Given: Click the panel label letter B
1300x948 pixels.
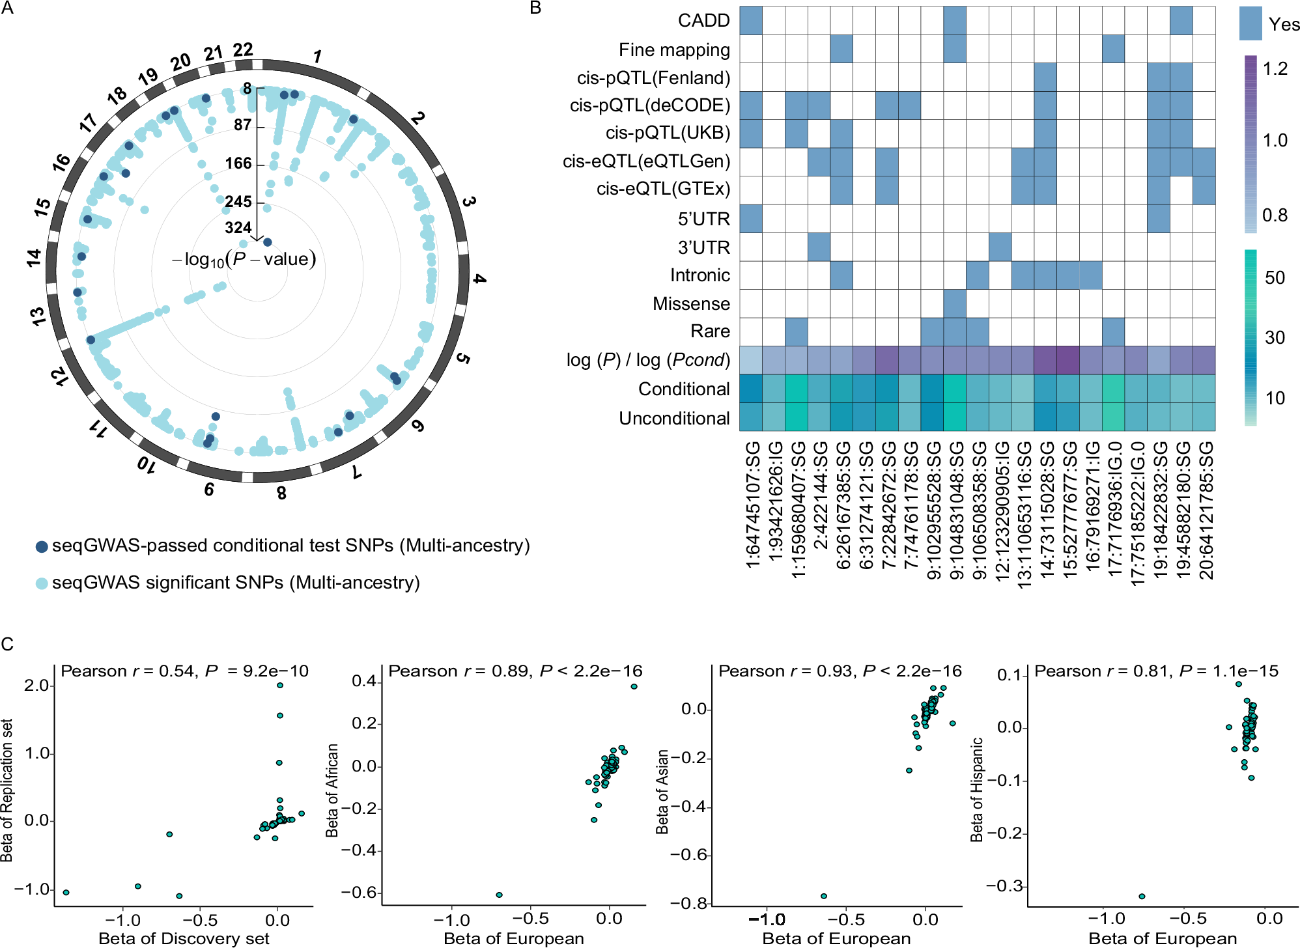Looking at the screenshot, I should [x=535, y=8].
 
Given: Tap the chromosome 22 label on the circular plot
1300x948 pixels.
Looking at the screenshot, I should [x=242, y=49].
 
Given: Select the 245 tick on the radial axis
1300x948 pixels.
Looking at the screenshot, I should [x=238, y=202].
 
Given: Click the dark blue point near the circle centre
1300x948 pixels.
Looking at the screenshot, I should [x=267, y=242].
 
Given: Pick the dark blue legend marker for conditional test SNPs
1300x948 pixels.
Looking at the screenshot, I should [x=42, y=547].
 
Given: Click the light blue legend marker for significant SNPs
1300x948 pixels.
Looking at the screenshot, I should [x=42, y=583].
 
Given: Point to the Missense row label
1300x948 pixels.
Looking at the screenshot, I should [x=691, y=304].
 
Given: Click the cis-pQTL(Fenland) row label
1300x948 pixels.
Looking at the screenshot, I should [x=653, y=78].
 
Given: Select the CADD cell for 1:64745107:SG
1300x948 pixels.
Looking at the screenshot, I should [x=750, y=21].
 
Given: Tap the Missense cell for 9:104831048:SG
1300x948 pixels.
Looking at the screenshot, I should [x=954, y=304].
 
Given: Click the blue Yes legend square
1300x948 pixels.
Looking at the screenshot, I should [x=1251, y=23].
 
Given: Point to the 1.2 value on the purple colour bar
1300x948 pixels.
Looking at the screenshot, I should [x=1275, y=69].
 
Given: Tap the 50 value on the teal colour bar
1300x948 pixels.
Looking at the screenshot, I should [x=1275, y=278].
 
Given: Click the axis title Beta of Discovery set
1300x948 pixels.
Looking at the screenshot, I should [x=184, y=938].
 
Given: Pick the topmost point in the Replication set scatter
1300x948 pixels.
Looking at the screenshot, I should [x=280, y=685].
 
